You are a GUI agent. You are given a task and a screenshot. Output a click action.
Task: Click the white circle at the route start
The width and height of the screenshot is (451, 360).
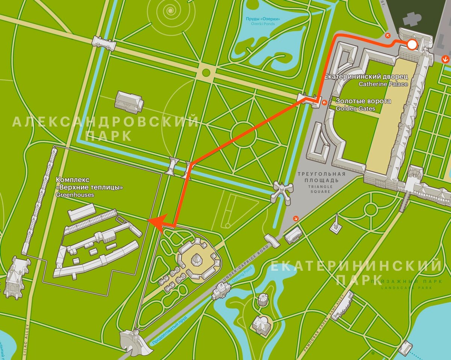click(412, 45)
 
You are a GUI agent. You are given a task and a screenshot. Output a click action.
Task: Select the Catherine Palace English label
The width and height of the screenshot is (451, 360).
click(383, 84)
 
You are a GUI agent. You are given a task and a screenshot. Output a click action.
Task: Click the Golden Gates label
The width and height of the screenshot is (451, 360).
click(356, 109)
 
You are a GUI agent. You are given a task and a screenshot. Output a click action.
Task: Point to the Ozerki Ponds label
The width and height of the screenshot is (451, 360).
click(263, 24)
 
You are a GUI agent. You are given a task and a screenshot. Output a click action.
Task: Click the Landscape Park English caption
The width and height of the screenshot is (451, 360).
click(401, 288)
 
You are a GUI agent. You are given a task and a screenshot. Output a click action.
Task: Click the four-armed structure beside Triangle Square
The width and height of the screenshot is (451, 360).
click(283, 191)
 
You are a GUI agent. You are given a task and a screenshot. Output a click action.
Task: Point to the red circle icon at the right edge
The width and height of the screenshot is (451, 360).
click(446, 59)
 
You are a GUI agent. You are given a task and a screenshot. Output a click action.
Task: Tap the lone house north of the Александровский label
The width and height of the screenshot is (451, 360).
click(129, 101)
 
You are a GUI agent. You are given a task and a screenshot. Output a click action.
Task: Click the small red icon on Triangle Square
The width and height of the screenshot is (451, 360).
click(297, 218)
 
